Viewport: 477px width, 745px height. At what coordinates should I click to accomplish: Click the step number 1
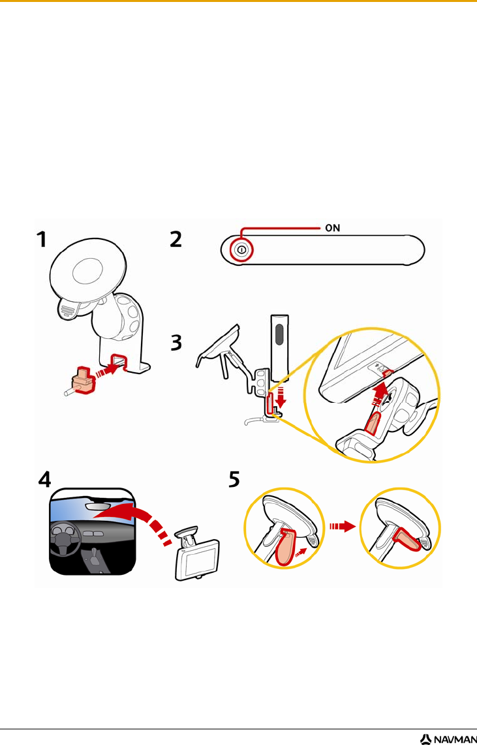[42, 239]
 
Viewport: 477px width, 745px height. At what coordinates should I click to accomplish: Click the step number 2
[176, 239]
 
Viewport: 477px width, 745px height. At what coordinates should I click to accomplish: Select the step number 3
[176, 343]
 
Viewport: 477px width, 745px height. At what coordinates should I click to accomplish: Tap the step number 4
[45, 479]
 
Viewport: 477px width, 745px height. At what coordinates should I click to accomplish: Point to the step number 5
[234, 480]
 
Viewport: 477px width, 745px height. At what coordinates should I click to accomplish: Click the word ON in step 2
[332, 228]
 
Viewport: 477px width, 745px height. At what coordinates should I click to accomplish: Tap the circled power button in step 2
[241, 250]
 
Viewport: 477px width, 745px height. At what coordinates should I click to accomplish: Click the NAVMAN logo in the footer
[446, 739]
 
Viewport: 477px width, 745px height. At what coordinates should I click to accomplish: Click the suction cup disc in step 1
[88, 270]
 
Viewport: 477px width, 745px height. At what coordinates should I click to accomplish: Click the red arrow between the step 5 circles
[343, 527]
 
